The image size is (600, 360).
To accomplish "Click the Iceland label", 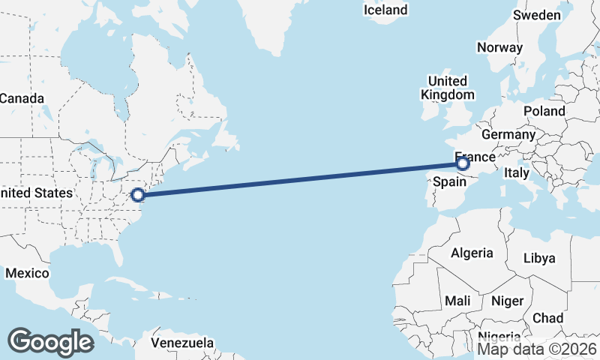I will point(385,10).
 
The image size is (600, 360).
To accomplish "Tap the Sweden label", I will point(537,15).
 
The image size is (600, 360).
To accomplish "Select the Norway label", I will point(499,47).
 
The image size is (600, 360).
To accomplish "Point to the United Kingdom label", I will point(448,88).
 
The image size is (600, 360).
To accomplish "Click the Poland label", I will point(544,111).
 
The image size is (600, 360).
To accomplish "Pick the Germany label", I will point(508,134).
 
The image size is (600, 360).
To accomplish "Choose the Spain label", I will point(450,181).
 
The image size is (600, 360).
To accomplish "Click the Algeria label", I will point(472,253).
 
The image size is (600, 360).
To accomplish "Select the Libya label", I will point(539,258).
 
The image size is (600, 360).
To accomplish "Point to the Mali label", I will point(457,301).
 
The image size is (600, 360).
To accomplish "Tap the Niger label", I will point(507,301).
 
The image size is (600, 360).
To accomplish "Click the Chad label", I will point(547,318).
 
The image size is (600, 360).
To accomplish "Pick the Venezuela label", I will point(182,343).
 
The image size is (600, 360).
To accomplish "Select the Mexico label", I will point(27,273).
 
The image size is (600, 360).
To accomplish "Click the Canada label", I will point(21,98).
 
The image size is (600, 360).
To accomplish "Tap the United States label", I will point(36,193).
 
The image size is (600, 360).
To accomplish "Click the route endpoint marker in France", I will point(463,163).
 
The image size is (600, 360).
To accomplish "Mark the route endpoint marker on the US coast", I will point(138,195).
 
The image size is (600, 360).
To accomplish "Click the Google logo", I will point(50,341).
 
